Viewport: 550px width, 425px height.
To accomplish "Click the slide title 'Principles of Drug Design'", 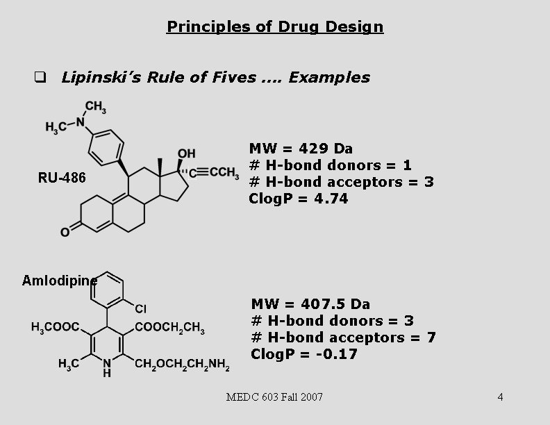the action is point(275,27).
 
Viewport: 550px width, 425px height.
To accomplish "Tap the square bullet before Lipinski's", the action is point(40,77).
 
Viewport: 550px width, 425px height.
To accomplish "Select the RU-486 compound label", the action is point(62,178).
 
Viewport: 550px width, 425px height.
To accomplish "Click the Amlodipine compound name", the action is point(59,280).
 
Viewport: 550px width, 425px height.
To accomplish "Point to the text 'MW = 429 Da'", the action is point(301,148).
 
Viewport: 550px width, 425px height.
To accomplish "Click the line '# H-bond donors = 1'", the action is point(330,165).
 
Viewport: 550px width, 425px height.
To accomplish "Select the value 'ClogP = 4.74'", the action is point(299,198).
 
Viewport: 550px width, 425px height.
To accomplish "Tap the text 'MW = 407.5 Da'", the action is point(310,303).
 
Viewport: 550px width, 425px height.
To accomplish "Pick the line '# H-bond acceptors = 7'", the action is point(343,337).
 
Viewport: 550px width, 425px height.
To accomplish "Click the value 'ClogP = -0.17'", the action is point(304,353).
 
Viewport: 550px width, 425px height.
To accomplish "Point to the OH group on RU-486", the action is point(186,153).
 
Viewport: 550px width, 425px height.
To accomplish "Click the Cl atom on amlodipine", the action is point(140,308).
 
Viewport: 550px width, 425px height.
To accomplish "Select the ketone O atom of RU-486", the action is point(65,232).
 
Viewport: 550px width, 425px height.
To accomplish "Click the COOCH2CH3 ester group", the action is point(169,328).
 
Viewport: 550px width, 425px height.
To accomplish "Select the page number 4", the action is point(500,397).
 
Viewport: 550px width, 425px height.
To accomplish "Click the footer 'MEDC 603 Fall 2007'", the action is point(275,397).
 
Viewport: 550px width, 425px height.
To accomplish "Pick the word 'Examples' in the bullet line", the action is point(329,77).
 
